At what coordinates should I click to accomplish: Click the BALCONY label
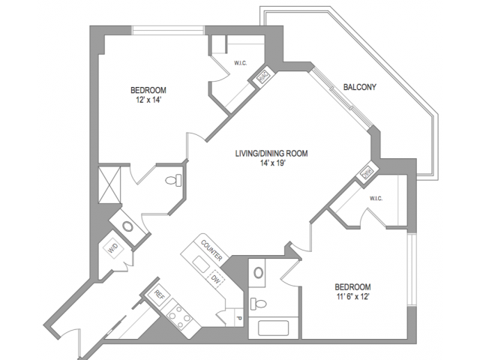[x=359, y=86]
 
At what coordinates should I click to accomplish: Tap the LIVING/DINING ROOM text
[x=271, y=152]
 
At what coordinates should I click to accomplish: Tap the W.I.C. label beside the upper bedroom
[x=241, y=63]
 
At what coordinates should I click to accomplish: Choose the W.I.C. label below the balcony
[x=376, y=199]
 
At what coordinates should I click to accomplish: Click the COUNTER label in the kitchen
[x=209, y=251]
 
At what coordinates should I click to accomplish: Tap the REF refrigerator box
[x=159, y=295]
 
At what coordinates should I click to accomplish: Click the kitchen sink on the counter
[x=199, y=265]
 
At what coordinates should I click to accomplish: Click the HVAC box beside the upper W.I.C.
[x=264, y=76]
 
